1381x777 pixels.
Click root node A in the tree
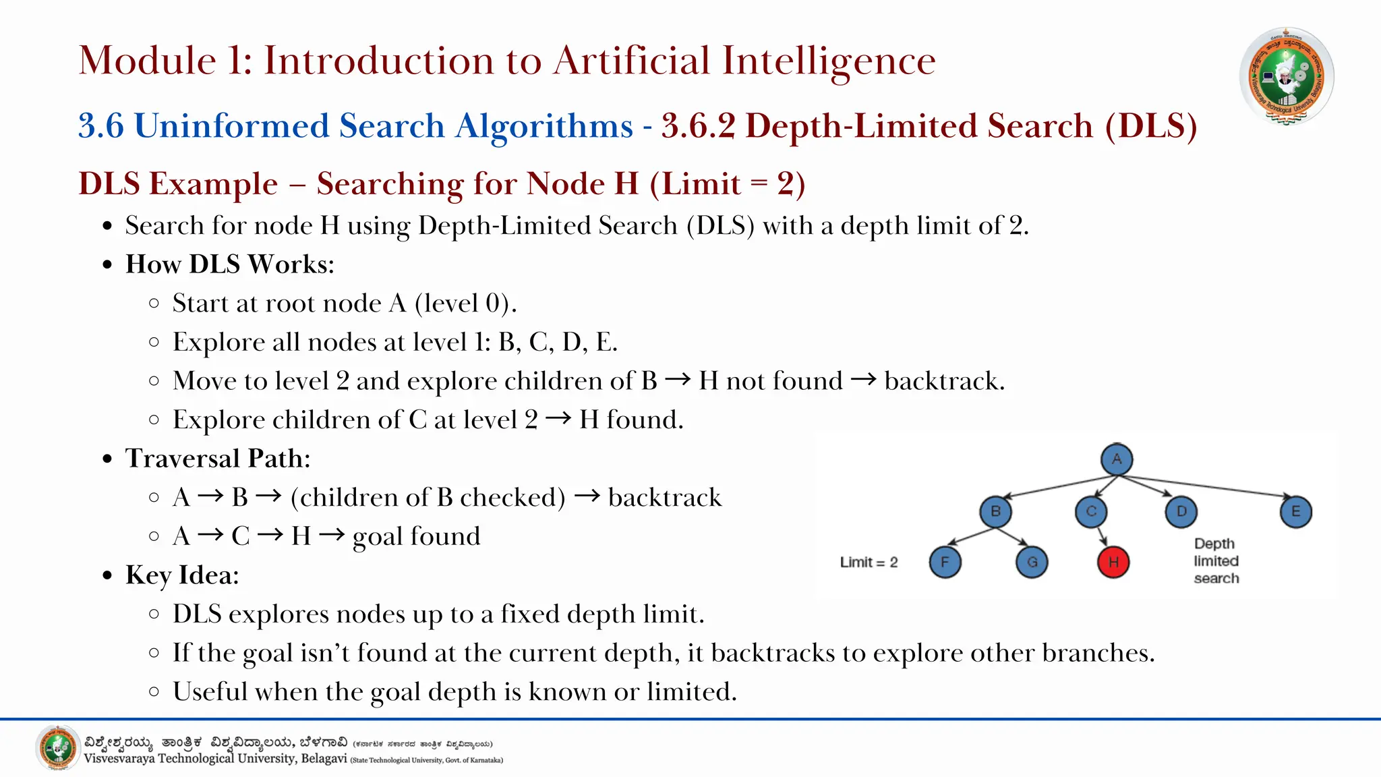point(1117,459)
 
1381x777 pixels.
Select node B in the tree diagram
point(995,511)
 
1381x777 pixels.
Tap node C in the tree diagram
point(1091,511)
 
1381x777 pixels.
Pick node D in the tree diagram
point(1181,511)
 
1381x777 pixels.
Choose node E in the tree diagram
point(1295,511)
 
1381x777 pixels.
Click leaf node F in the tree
point(945,562)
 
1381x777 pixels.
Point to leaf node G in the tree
point(1032,562)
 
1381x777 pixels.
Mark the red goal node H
point(1113,562)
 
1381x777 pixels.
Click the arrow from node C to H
point(1102,536)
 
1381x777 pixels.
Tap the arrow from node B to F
point(971,536)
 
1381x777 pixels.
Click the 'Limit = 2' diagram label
point(869,563)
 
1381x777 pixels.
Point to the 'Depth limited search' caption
point(1216,560)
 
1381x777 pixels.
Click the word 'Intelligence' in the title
point(829,61)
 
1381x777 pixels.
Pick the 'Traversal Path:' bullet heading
point(218,459)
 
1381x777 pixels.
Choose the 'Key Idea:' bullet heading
point(182,575)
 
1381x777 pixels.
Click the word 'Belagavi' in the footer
point(324,759)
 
